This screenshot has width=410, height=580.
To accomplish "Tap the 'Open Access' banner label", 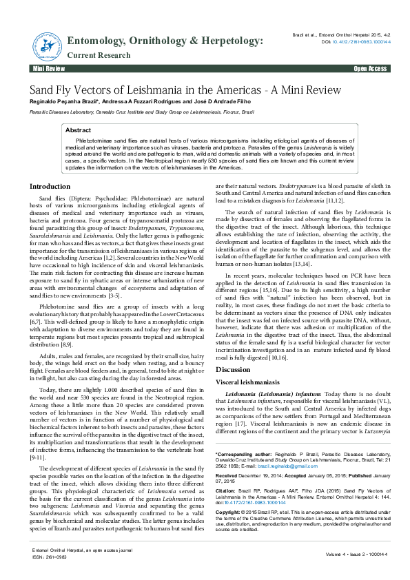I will [x=370, y=70].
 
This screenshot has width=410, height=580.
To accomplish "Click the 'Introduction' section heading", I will [x=50, y=187].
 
